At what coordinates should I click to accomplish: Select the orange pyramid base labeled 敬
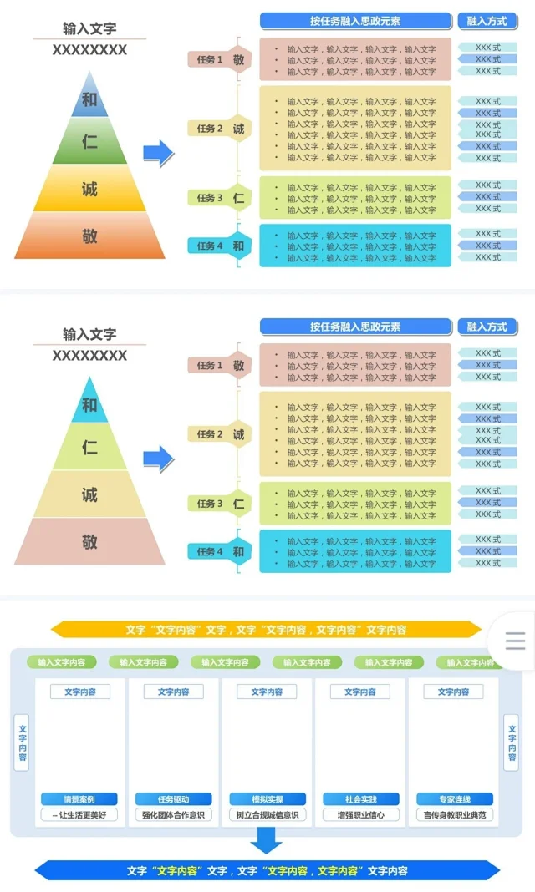(89, 236)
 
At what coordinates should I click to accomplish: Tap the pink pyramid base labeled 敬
(89, 542)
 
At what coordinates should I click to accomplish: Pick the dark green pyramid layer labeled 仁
(89, 143)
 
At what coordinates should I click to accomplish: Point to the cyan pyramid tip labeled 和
(89, 405)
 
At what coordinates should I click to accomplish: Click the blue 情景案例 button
(79, 799)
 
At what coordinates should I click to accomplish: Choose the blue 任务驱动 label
(173, 799)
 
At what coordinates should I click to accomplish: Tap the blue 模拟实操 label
(267, 799)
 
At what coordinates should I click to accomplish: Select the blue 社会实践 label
(360, 799)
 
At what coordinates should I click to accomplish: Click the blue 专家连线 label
(454, 799)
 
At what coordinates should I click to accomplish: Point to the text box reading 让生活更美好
(79, 815)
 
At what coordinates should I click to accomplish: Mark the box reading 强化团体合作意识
(173, 815)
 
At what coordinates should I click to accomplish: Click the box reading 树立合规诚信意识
(267, 815)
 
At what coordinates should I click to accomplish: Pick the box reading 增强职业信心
(360, 815)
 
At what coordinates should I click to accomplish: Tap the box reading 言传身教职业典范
(454, 815)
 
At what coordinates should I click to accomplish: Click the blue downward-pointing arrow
(267, 839)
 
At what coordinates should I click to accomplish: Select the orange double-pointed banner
(267, 630)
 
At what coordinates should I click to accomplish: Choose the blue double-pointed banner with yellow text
(267, 871)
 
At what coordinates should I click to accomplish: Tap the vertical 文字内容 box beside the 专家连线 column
(511, 742)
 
